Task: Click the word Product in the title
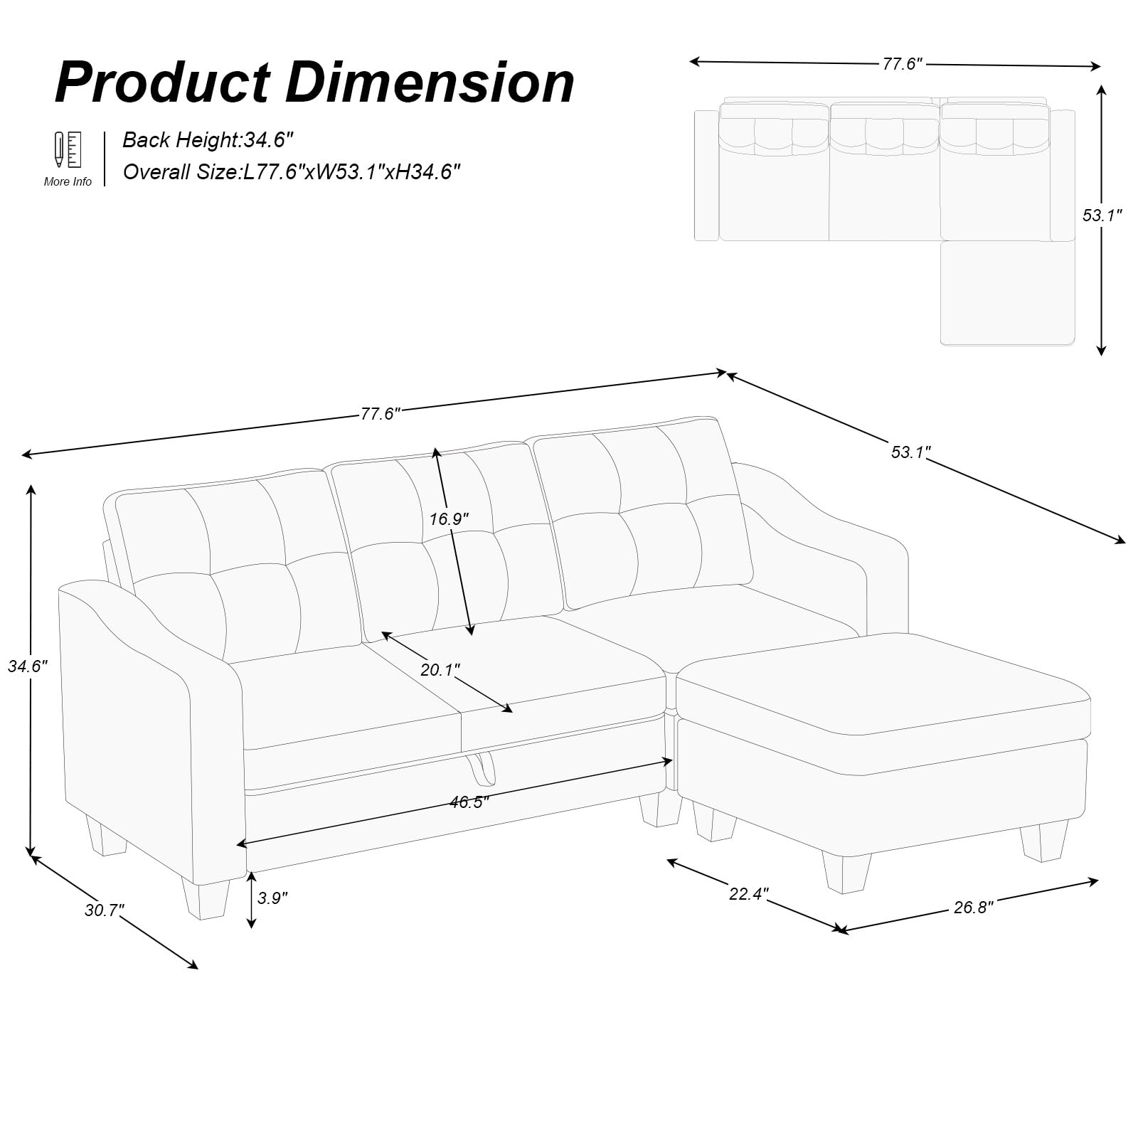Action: click(163, 83)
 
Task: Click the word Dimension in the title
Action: click(430, 83)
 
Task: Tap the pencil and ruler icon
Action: click(68, 149)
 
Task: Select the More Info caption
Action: click(68, 181)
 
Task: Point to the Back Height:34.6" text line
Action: click(208, 139)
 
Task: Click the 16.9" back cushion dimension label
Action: click(450, 519)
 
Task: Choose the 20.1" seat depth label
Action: click(440, 669)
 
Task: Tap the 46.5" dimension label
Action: click(469, 802)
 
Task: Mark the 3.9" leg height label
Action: click(272, 898)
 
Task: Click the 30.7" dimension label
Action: click(105, 910)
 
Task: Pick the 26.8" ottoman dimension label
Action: click(973, 907)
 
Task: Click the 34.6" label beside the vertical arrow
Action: click(28, 666)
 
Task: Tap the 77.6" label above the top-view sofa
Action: click(903, 63)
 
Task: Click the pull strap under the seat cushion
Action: click(482, 768)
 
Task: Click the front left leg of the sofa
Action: click(206, 898)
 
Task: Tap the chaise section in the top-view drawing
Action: click(1007, 293)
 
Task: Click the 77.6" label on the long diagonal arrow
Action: click(381, 413)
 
